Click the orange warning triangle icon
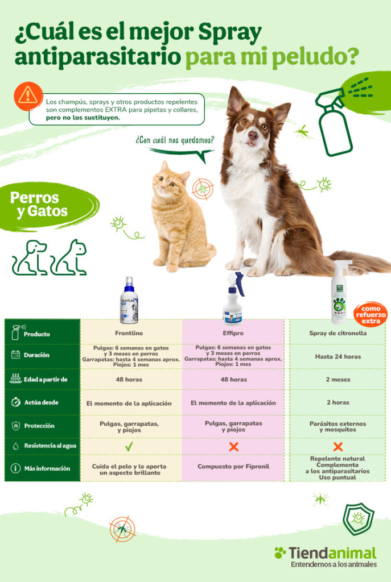click(x=28, y=95)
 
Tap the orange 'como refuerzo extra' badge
click(x=370, y=314)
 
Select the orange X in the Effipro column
click(x=233, y=447)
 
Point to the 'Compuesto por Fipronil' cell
click(x=233, y=467)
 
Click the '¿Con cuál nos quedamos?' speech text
click(x=175, y=139)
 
